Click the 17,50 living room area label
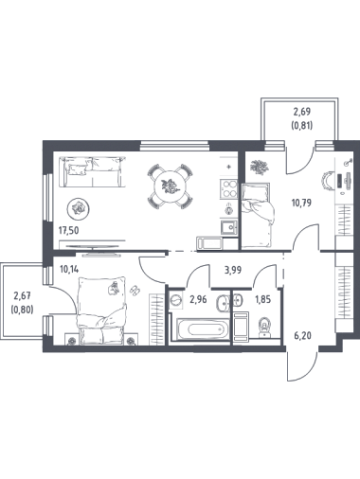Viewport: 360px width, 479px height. point(68,230)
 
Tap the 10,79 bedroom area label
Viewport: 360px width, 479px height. point(301,203)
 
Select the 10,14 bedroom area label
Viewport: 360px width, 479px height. point(69,270)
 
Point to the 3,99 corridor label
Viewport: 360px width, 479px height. point(233,270)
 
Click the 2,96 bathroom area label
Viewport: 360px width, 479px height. point(198,299)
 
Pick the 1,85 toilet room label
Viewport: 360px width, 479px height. point(263,299)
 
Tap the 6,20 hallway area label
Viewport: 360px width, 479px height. point(302,335)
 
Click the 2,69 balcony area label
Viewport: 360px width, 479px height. point(302,112)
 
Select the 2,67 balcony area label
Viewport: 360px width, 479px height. point(22,295)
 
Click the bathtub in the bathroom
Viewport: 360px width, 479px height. point(204,329)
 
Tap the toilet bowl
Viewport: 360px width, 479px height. point(264,326)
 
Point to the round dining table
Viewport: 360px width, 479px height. point(171,186)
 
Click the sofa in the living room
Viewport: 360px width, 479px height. point(92,172)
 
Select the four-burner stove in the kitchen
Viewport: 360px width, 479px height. point(229,188)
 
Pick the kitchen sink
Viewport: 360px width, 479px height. point(229,227)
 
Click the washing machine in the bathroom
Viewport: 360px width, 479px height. point(176,300)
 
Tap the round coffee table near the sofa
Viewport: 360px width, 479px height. point(78,208)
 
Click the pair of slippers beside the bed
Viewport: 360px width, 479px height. point(135,290)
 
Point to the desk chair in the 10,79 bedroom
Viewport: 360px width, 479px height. point(326,182)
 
